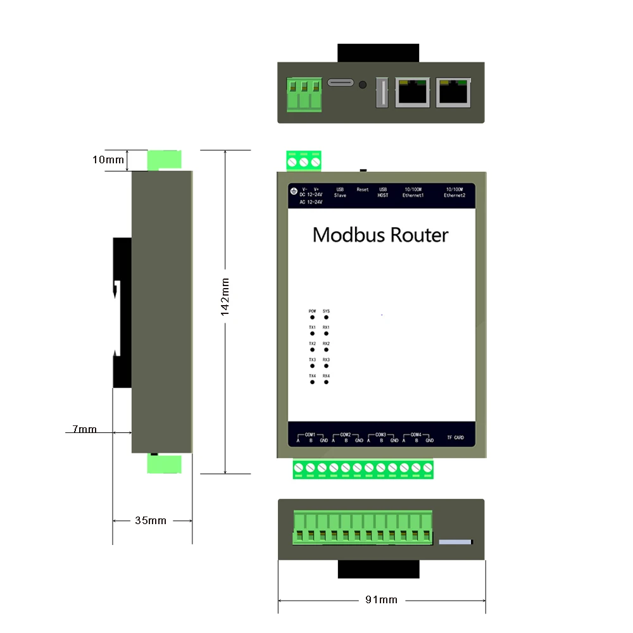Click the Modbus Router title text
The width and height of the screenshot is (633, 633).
coord(380,235)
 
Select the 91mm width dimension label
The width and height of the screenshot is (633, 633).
coord(382,599)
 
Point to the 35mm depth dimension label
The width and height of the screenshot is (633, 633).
coord(151,520)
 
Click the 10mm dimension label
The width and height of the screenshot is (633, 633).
coord(108,160)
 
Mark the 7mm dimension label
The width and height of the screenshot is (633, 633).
coord(84,429)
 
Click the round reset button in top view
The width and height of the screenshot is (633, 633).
coord(362,85)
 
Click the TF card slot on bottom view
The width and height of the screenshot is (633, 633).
coord(456,542)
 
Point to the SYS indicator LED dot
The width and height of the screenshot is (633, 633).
coord(326,317)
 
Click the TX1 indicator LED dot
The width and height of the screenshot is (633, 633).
coord(312,334)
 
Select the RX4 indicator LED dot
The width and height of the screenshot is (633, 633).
coord(326,383)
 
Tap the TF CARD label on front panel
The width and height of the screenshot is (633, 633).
coord(455,437)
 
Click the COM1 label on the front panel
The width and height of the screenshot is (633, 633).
coord(310,434)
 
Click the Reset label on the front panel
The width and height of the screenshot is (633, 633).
coord(362,189)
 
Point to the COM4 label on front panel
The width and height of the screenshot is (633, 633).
coord(416,434)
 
